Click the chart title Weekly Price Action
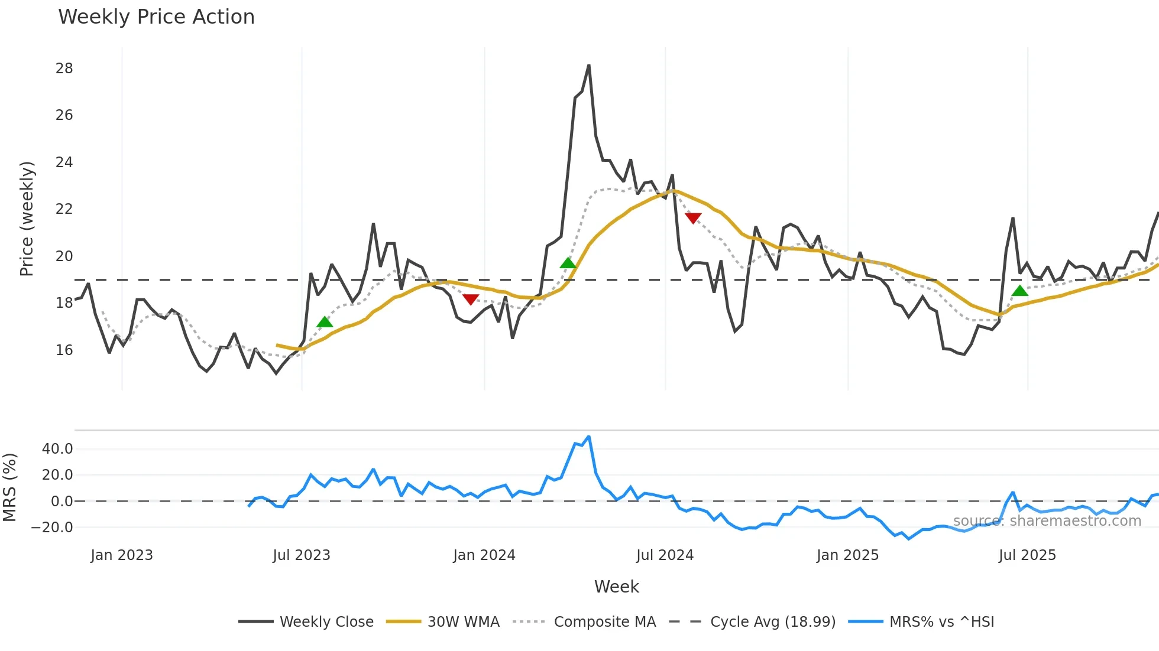click(156, 17)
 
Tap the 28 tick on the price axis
click(64, 69)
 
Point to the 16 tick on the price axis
click(64, 350)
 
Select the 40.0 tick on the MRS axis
click(57, 449)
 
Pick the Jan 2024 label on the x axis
click(484, 555)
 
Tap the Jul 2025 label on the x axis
click(1027, 555)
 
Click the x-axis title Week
click(616, 587)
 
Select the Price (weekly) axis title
click(27, 219)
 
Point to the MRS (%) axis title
click(10, 487)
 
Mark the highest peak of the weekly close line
click(589, 66)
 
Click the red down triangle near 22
click(693, 218)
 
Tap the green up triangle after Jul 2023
click(325, 322)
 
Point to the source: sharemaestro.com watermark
click(1047, 521)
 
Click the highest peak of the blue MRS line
click(589, 437)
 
